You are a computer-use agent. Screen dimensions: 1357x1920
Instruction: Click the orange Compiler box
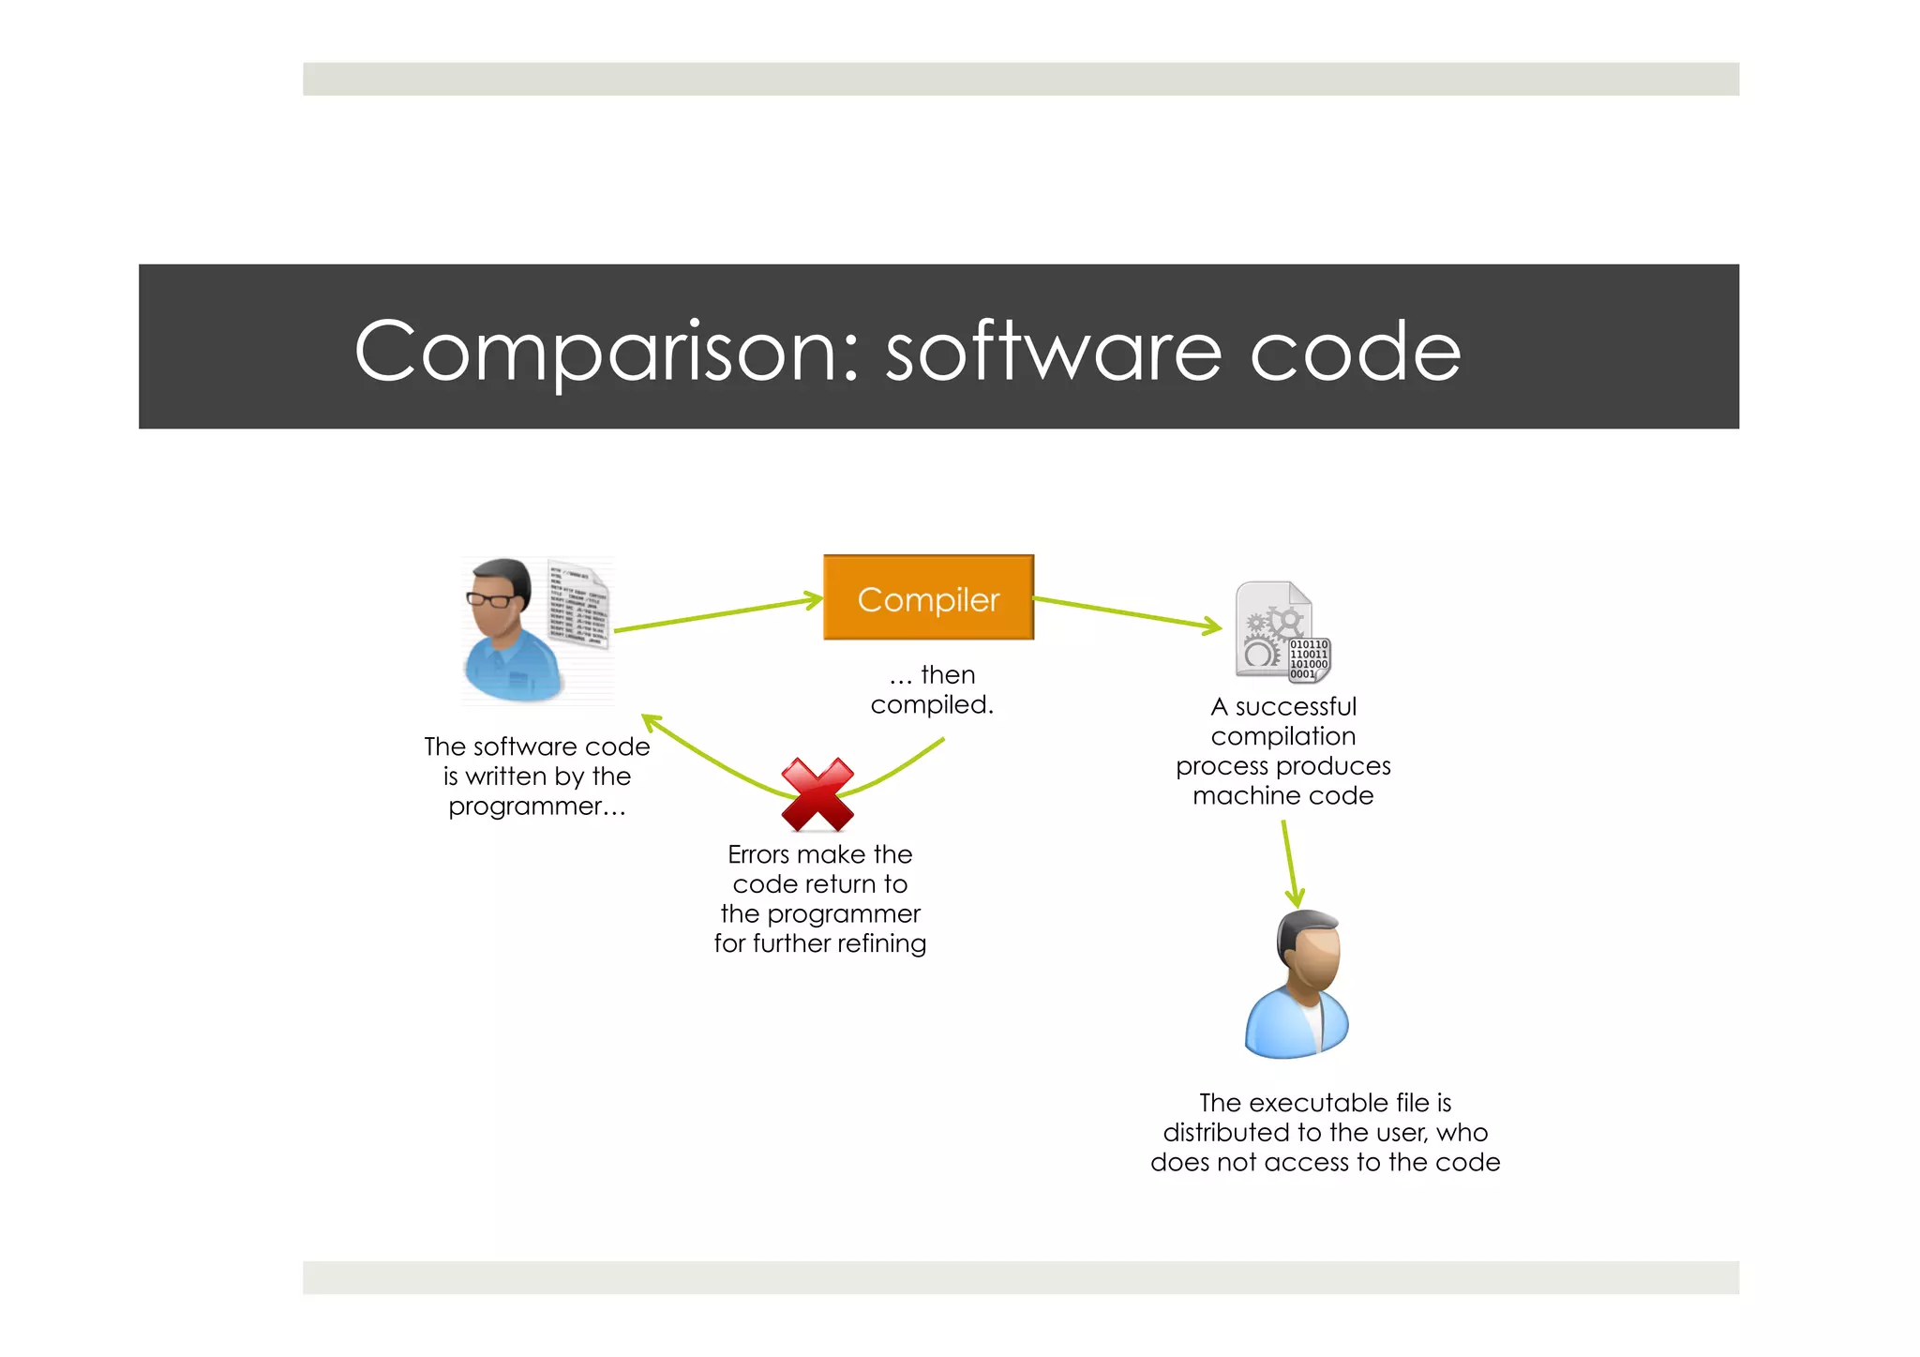pos(928,597)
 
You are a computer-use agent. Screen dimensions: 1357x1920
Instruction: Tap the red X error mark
pos(817,795)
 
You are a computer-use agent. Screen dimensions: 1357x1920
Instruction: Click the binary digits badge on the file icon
pos(1309,659)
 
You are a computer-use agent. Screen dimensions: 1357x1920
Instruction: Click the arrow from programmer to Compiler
pos(717,614)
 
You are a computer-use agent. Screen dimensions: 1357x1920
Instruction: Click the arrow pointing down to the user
pos(1290,864)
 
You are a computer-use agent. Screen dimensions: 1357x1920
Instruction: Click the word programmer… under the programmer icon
pos(536,807)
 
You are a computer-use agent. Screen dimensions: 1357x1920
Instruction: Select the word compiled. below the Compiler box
pos(931,705)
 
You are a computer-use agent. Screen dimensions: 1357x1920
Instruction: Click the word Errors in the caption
pos(757,854)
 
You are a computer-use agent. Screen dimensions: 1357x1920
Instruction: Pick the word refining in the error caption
pos(881,943)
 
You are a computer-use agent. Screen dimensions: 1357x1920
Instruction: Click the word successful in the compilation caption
pos(1295,707)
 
